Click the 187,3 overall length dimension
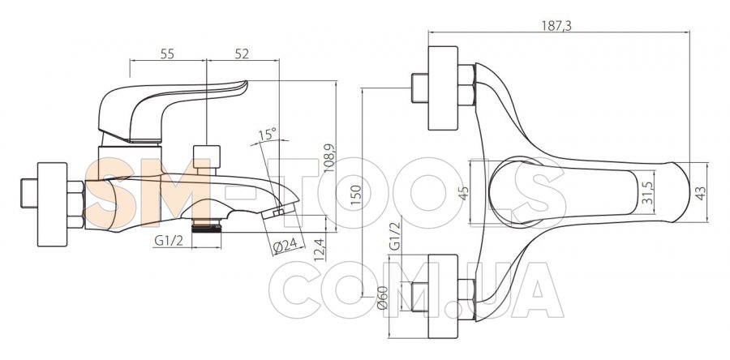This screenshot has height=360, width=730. tap(556, 26)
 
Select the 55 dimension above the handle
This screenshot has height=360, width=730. tap(167, 54)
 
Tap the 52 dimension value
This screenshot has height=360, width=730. tap(241, 54)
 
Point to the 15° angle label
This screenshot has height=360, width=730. tap(268, 134)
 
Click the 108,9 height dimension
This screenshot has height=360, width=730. tap(329, 158)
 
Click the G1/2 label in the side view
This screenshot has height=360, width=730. tap(168, 242)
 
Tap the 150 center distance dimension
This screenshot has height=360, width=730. tap(355, 195)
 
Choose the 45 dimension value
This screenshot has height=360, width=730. tap(464, 191)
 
